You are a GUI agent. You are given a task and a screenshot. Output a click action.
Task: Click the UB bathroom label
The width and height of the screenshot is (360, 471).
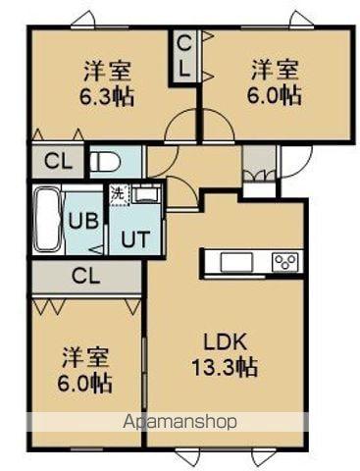[82, 221]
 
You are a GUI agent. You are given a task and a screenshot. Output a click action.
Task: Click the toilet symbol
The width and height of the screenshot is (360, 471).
[103, 162]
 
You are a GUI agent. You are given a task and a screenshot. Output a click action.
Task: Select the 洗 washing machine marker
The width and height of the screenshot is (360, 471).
[117, 194]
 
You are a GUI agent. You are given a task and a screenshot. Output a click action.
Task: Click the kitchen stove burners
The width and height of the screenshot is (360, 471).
[285, 261]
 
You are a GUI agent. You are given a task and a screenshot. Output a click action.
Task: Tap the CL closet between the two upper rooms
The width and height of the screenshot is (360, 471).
[183, 57]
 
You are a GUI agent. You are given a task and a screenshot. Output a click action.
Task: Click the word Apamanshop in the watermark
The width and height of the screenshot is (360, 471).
[181, 422]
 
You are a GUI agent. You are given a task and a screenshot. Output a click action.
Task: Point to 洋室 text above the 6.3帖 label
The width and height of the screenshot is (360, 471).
[108, 71]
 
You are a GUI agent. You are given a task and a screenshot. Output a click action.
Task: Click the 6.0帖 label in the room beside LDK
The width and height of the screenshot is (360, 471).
[84, 381]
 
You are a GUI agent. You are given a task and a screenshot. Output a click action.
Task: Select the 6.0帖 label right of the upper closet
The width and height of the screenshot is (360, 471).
[275, 96]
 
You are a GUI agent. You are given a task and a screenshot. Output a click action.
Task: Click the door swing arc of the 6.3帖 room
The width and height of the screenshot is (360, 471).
[180, 128]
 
